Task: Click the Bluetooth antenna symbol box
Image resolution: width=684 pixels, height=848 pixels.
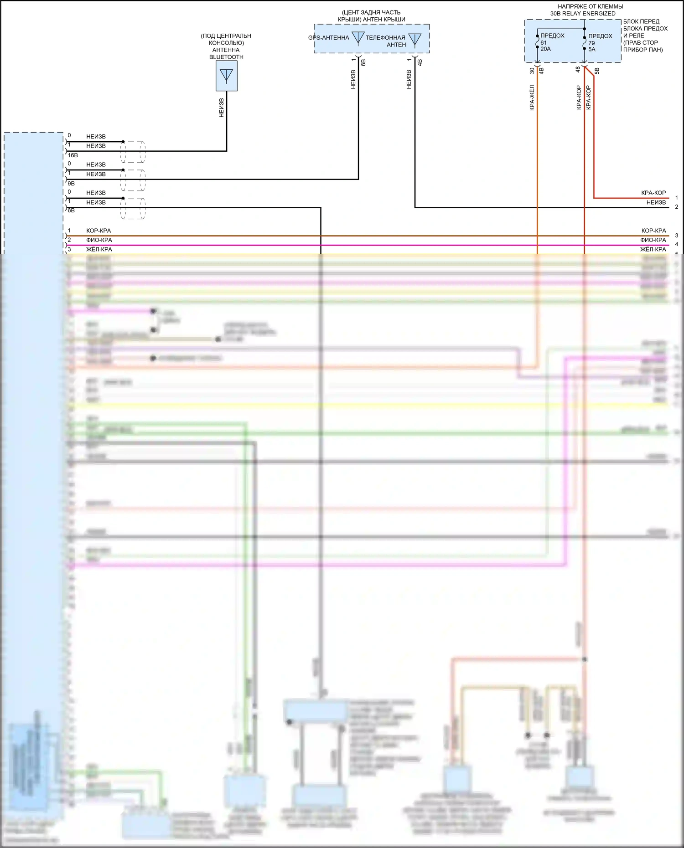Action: pos(226,76)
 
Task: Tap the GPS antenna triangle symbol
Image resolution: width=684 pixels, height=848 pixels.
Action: pos(358,38)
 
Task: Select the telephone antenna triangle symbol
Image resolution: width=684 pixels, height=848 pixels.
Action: pos(415,40)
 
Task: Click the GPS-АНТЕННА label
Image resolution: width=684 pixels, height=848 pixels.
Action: pos(328,38)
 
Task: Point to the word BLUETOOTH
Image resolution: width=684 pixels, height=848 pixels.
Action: pos(226,57)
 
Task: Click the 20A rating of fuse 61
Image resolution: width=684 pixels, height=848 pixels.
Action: pos(545,49)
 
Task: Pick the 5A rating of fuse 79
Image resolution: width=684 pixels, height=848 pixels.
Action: pos(592,49)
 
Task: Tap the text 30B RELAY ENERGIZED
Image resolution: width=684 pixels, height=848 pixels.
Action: pos(582,14)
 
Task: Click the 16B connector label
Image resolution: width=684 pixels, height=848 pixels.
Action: pos(73,155)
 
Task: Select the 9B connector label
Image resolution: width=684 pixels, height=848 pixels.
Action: pos(71,183)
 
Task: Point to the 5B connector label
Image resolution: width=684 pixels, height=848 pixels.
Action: pos(597,71)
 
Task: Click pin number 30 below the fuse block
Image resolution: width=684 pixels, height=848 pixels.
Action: pos(532,71)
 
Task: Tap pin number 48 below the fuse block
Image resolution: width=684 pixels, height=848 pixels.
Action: pos(578,70)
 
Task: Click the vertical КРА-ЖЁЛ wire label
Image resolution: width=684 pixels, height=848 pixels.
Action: pos(532,98)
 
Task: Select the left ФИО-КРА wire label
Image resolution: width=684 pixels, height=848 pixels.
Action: pos(99,240)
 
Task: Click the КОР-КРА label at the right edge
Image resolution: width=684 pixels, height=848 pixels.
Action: pos(653,231)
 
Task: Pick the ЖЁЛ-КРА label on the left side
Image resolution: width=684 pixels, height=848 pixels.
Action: pos(99,250)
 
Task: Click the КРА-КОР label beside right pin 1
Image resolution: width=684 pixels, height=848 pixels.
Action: pos(653,193)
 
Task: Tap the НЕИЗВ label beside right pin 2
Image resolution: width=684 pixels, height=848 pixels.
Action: pos(656,202)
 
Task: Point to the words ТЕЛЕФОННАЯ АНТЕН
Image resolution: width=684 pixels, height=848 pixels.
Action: pos(385,41)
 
